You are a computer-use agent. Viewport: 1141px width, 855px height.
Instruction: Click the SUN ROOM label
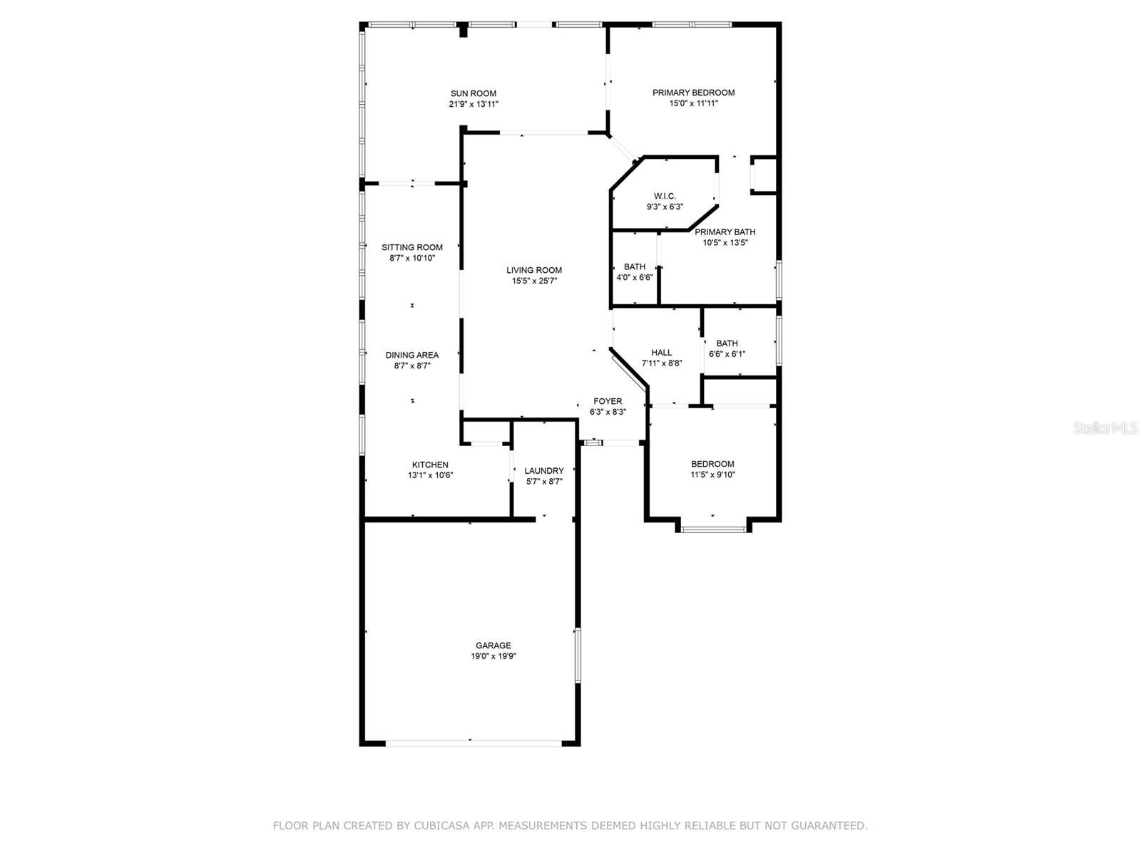coord(473,93)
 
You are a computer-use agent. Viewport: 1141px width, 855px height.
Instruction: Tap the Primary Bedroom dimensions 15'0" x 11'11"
coord(693,103)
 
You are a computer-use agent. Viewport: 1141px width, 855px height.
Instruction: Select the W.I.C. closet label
coord(665,196)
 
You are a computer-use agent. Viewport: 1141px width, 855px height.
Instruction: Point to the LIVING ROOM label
coord(534,270)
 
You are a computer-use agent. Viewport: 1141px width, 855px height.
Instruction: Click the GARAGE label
coord(493,646)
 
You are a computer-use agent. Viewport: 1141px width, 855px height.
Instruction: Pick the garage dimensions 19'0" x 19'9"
coord(493,656)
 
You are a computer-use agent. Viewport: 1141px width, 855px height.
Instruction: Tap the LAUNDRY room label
coord(544,471)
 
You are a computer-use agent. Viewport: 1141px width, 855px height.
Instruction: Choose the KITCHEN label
coord(430,465)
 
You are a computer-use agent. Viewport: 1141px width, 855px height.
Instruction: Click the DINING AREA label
coord(412,355)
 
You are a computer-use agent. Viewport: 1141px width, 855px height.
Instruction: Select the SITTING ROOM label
coord(412,247)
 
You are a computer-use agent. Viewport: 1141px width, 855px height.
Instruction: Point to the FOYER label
coord(608,401)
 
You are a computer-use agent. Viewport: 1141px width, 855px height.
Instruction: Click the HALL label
coord(661,352)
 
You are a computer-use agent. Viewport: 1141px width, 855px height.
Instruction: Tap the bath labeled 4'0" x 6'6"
coord(635,272)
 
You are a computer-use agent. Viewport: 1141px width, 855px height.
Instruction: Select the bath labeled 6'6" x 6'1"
coord(727,348)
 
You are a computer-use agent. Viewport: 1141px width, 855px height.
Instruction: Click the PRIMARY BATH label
coord(725,232)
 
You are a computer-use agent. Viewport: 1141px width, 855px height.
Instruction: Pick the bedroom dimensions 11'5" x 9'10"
coord(712,475)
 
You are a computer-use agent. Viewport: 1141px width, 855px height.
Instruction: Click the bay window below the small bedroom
coord(713,529)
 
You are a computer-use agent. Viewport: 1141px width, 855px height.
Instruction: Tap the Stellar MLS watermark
coord(1106,428)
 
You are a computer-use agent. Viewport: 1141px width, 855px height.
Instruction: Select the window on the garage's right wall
coord(578,655)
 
